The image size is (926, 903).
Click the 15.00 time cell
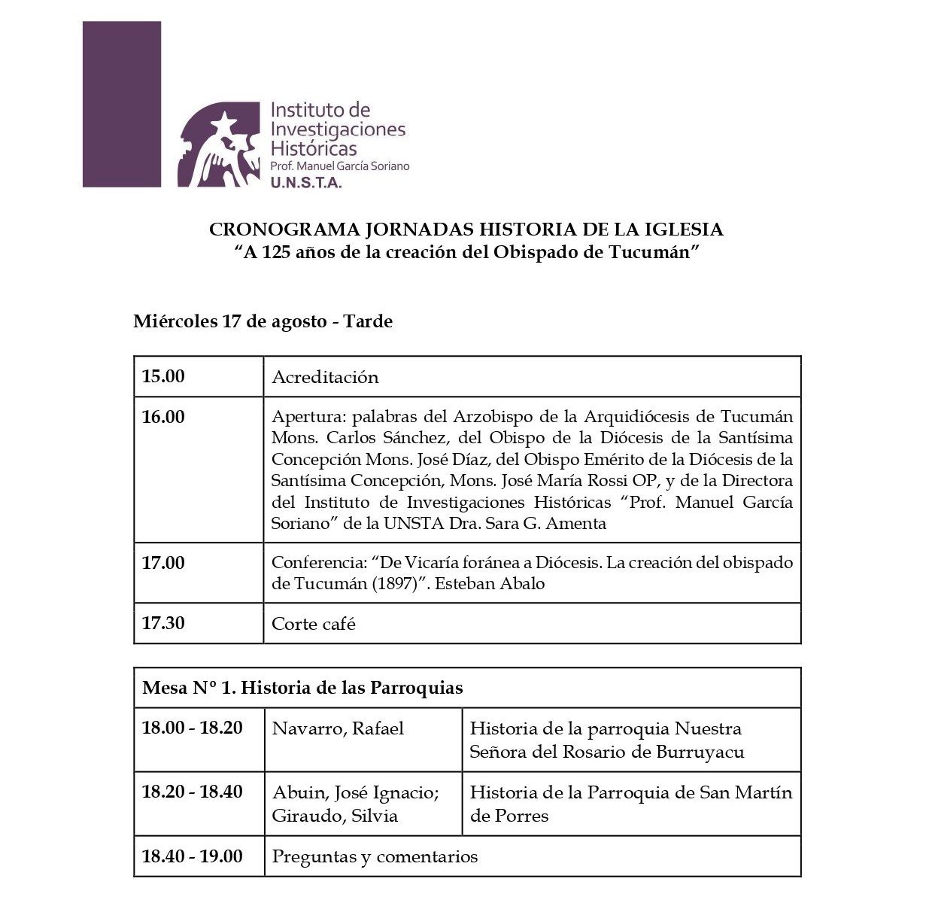click(163, 376)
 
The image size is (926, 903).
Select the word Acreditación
click(325, 377)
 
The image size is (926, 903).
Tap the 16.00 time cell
click(163, 417)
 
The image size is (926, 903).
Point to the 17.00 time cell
click(163, 563)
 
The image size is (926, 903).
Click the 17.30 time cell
click(163, 623)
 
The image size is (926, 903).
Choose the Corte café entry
click(313, 624)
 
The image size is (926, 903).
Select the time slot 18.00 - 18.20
click(193, 728)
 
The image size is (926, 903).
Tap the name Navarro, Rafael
click(338, 728)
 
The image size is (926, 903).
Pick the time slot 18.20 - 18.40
click(193, 792)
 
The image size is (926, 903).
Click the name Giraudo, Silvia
click(335, 816)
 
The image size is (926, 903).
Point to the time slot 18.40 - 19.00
click(193, 856)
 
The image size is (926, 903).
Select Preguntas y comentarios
click(375, 856)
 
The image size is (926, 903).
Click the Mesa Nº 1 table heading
click(302, 688)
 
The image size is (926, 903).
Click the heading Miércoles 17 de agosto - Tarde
click(263, 321)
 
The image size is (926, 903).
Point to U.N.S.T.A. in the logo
click(306, 181)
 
